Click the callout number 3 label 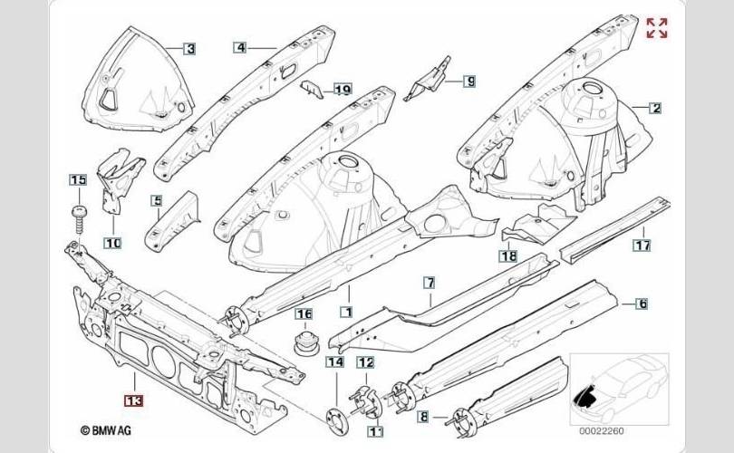190,48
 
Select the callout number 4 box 240,47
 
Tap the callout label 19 342,89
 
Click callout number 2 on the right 654,108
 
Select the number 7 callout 430,284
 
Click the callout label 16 304,315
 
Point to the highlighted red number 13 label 133,399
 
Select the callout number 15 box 78,179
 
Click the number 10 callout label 112,243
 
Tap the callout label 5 157,201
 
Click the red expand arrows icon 657,28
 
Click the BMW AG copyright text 108,431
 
